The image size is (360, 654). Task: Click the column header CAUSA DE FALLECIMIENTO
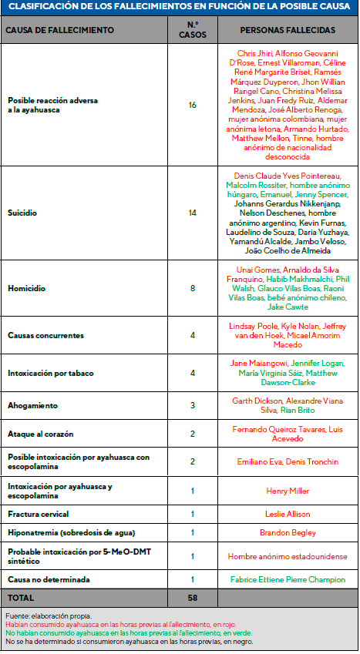[60, 30]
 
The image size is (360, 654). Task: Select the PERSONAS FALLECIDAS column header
[288, 30]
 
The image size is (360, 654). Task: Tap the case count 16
[193, 104]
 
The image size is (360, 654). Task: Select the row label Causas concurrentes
[45, 336]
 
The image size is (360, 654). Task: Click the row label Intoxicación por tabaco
[51, 373]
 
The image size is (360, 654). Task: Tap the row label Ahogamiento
[32, 405]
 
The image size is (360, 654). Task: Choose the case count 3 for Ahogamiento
[193, 405]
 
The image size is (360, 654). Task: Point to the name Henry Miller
[288, 491]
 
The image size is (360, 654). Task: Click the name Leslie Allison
[288, 513]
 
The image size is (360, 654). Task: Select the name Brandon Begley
[288, 532]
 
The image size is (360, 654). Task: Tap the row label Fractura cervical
[39, 513]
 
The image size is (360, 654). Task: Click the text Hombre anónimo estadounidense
[288, 555]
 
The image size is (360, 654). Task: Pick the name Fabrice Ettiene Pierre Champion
[288, 579]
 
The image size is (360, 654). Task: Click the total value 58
[193, 598]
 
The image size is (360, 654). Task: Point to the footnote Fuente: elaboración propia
[48, 616]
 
